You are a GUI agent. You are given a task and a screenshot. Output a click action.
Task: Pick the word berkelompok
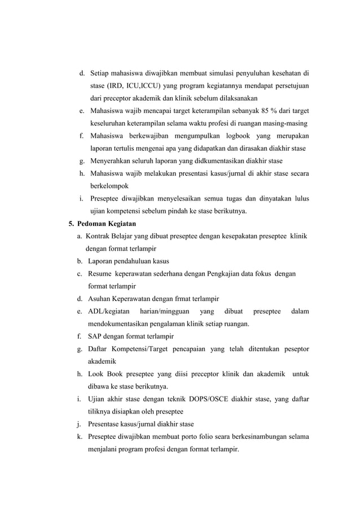click(109, 186)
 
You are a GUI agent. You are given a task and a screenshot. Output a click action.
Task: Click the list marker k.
click(81, 437)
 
